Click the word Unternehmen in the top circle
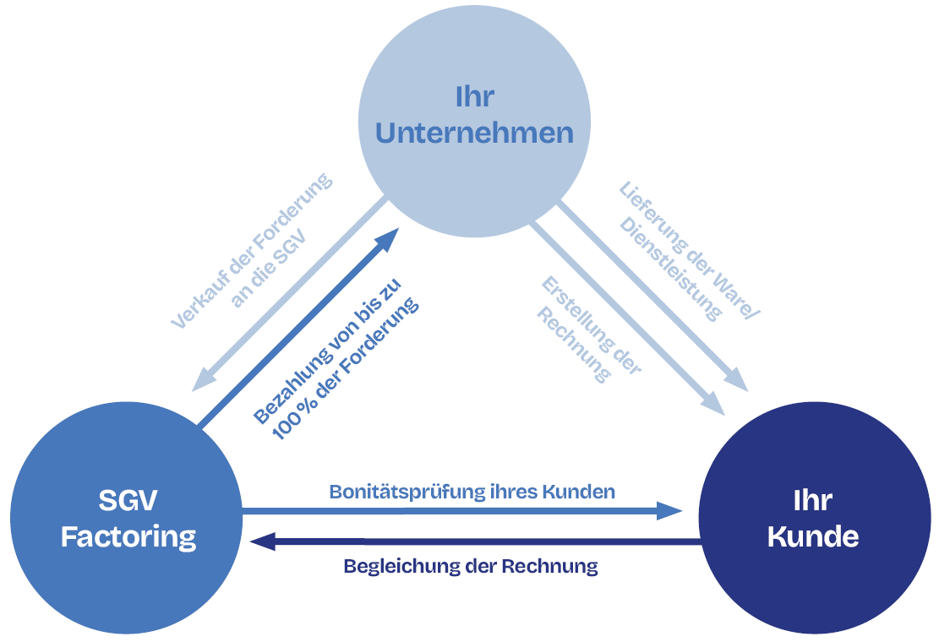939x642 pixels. point(474,133)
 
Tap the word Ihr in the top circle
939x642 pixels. point(474,96)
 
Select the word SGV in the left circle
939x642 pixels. point(128,500)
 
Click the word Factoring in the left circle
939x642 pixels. point(128,536)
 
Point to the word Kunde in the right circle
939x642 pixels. point(813,536)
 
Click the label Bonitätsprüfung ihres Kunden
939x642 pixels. point(472,491)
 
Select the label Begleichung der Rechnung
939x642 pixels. point(471,566)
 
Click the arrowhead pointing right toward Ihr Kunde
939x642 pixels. point(671,510)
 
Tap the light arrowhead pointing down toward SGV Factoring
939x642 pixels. point(203,379)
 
